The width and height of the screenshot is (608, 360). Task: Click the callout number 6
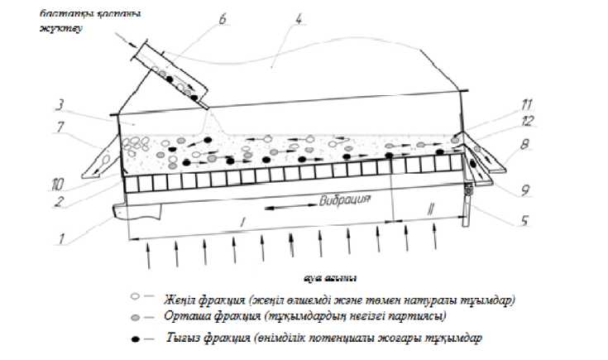tap(223, 18)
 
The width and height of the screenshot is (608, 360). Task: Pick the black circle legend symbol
tap(135, 338)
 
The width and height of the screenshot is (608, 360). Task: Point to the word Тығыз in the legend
tap(182, 338)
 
